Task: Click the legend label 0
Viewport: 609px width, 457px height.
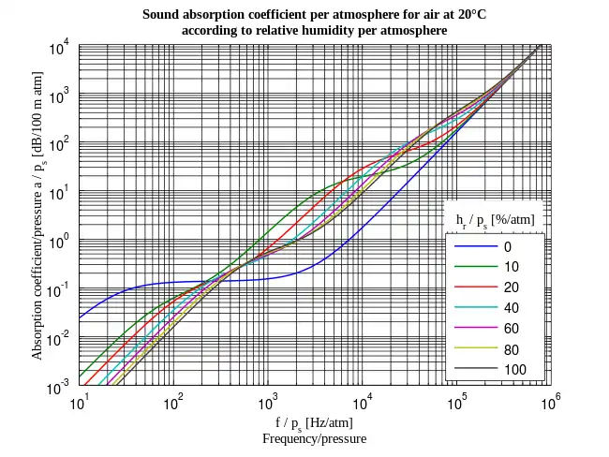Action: pyautogui.click(x=508, y=247)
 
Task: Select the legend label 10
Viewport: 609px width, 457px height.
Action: pyautogui.click(x=511, y=267)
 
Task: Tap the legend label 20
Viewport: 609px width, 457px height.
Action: pyautogui.click(x=511, y=287)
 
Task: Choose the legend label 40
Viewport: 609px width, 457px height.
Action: pyautogui.click(x=511, y=308)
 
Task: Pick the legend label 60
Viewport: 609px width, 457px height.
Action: pyautogui.click(x=511, y=329)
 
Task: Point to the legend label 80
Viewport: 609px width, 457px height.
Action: pyautogui.click(x=511, y=349)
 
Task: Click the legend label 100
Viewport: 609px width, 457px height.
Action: pyautogui.click(x=514, y=370)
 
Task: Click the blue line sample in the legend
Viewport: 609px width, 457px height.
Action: pyautogui.click(x=474, y=247)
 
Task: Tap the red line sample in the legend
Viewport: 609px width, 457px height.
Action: pyautogui.click(x=474, y=287)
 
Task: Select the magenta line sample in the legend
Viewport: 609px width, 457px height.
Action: pyautogui.click(x=474, y=329)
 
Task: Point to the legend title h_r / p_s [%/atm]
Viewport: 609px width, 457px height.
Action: pyautogui.click(x=495, y=219)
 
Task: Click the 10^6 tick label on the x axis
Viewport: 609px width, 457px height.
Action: pyautogui.click(x=551, y=404)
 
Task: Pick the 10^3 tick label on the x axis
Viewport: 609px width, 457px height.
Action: pyautogui.click(x=268, y=404)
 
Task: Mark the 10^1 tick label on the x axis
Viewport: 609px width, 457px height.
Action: pyautogui.click(x=80, y=404)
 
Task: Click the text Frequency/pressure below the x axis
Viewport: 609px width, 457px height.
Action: pyautogui.click(x=314, y=438)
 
